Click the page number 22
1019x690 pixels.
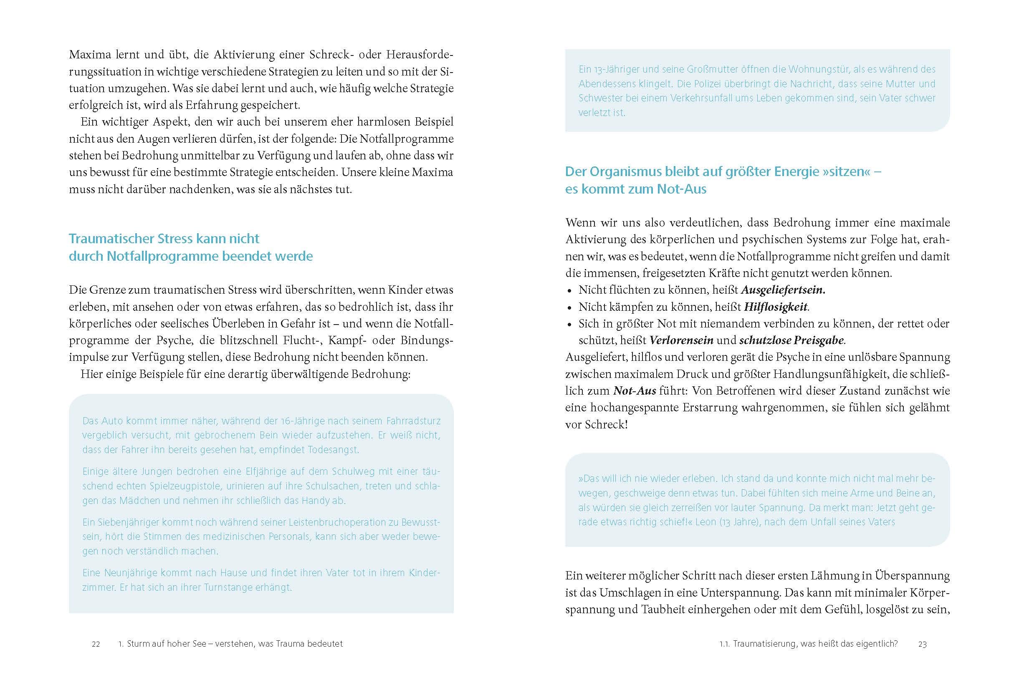pyautogui.click(x=96, y=644)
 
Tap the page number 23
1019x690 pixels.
pyautogui.click(x=923, y=644)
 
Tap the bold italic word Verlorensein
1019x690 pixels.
pyautogui.click(x=681, y=340)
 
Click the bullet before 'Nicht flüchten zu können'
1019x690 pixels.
pyautogui.click(x=569, y=291)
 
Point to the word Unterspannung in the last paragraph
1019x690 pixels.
pyautogui.click(x=740, y=593)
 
